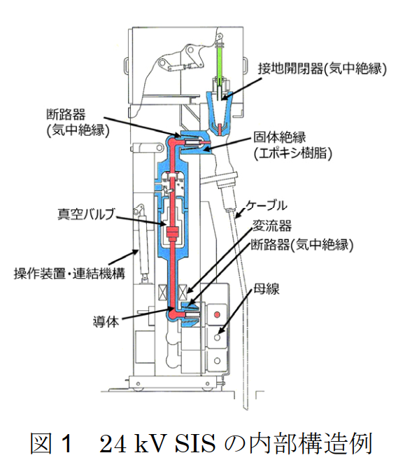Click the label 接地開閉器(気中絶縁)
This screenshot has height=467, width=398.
tap(322, 69)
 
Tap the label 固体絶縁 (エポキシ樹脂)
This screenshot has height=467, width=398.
tap(292, 146)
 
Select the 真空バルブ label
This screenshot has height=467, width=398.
tap(86, 214)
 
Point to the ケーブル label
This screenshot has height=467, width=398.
tap(266, 206)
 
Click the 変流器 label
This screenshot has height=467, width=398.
tap(272, 226)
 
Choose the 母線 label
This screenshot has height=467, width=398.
tap(266, 289)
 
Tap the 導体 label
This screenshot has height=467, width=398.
tap(106, 322)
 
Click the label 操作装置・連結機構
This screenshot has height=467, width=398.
tap(70, 274)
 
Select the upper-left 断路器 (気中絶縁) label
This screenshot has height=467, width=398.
tap(78, 123)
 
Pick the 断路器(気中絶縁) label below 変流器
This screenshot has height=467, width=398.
tap(302, 245)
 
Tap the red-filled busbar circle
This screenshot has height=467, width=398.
tap(217, 314)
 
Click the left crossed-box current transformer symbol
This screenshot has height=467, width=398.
tap(163, 292)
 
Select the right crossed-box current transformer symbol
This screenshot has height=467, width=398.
tap(183, 292)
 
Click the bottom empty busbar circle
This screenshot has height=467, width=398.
tap(217, 361)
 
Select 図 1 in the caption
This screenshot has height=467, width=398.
tap(51, 444)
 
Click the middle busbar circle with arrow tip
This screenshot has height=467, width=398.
tap(217, 337)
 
